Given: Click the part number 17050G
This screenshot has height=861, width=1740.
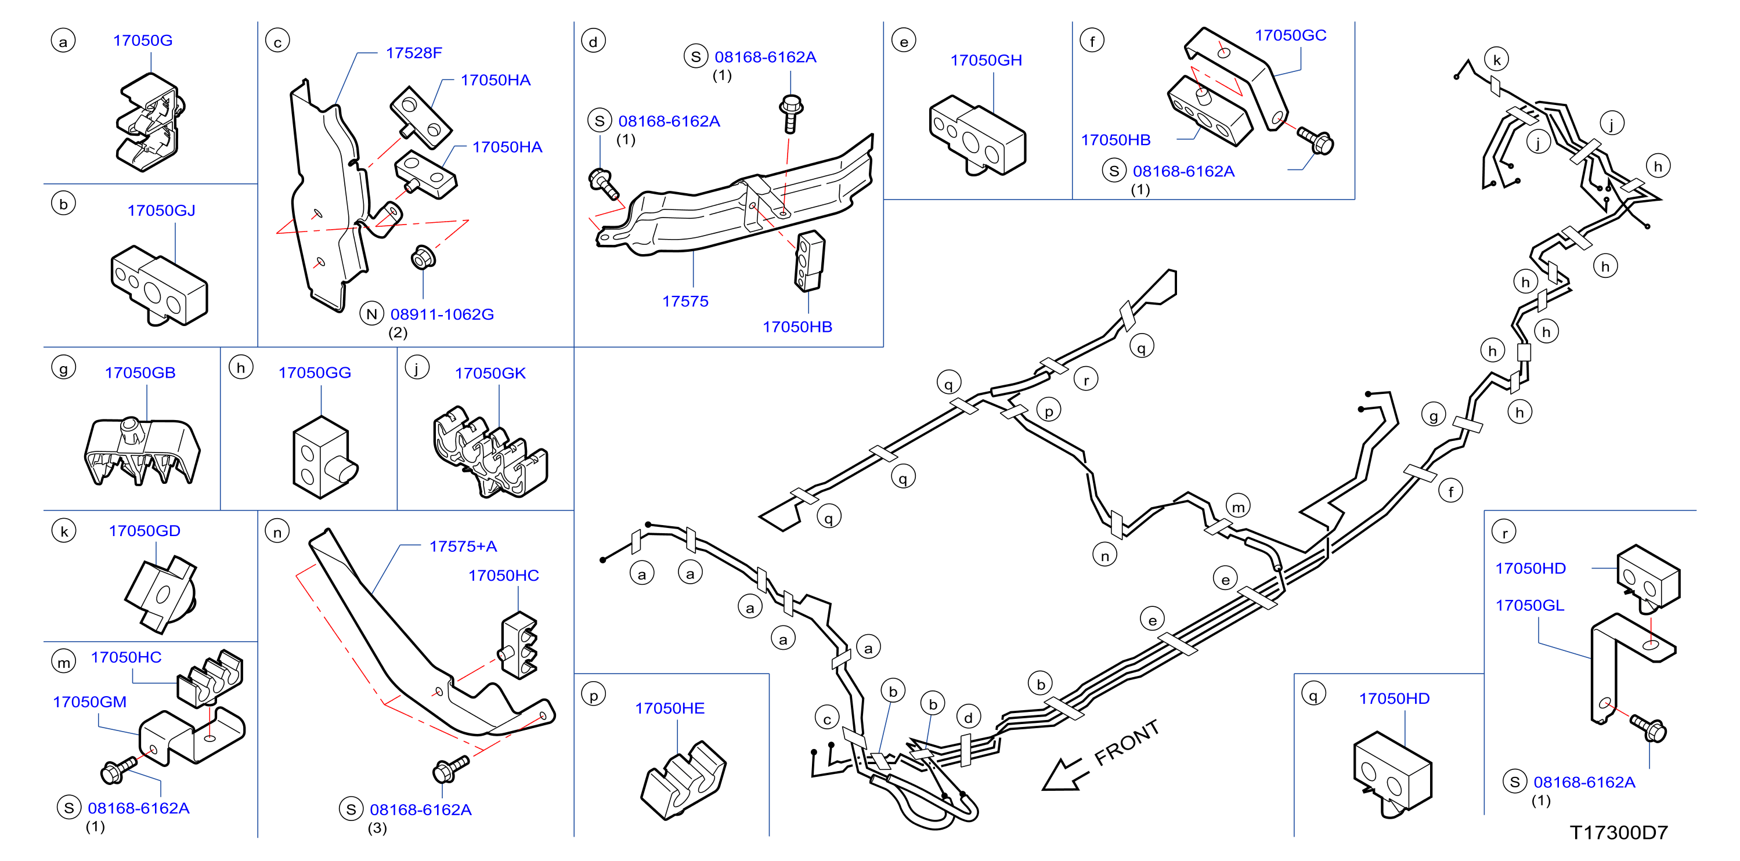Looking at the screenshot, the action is [143, 41].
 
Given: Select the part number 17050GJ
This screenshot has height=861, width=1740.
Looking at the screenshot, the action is [161, 211].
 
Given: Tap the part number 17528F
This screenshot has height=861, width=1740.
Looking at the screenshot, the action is [414, 53].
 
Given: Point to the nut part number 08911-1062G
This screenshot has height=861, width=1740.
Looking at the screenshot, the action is [442, 314].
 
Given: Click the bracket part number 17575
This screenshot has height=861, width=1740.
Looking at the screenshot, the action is [685, 301].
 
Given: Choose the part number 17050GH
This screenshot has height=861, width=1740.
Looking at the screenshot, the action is [986, 61].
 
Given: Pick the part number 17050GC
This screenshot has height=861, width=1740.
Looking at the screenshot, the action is [1291, 35].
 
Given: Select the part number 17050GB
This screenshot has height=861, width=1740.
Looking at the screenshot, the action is [140, 372].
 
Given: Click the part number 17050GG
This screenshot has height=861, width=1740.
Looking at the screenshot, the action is [315, 372].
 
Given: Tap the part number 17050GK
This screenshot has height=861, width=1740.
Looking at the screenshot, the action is [490, 374].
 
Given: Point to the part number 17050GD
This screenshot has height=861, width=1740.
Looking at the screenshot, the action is [145, 531].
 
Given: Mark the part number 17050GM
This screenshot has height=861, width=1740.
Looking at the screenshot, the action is [90, 702].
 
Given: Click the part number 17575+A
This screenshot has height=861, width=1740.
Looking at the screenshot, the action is [463, 547].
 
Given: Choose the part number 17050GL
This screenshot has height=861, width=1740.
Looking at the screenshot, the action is [1530, 606].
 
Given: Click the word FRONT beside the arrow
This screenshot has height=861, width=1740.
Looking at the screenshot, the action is [1127, 743].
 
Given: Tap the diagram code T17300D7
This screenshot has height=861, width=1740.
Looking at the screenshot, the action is [1619, 833].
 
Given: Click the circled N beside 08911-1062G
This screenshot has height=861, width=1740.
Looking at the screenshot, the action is [371, 314].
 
